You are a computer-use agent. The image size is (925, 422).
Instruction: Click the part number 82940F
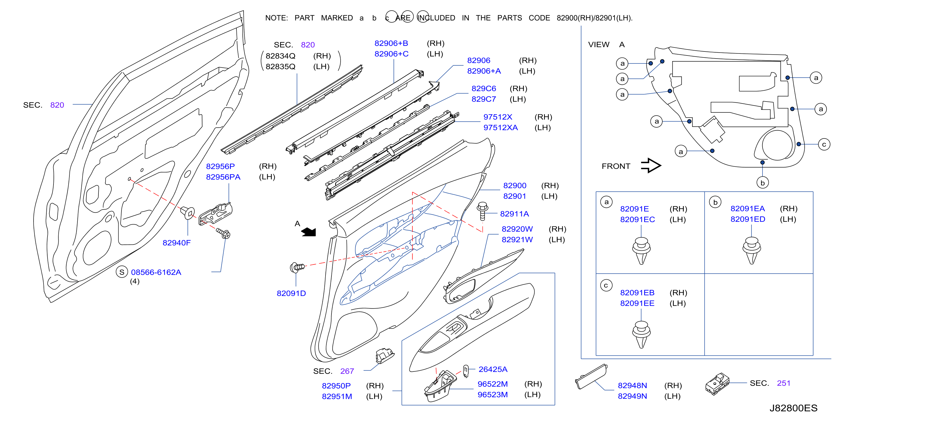(x=176, y=243)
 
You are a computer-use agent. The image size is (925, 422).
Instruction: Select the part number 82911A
(x=514, y=214)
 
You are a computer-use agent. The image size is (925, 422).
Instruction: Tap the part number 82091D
(x=291, y=293)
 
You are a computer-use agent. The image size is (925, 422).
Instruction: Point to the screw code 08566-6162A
(x=156, y=272)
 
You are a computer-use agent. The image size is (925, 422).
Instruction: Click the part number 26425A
(x=493, y=369)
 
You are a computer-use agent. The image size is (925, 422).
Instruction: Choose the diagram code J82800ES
(x=793, y=408)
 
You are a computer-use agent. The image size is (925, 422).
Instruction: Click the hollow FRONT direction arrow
(x=651, y=166)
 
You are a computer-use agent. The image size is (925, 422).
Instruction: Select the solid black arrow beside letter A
(x=308, y=232)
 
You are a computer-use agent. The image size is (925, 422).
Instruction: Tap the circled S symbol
(x=122, y=272)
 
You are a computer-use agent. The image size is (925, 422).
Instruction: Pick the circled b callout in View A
(x=762, y=183)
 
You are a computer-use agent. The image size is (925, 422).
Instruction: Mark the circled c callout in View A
(x=824, y=144)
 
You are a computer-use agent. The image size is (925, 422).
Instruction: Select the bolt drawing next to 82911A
(x=482, y=211)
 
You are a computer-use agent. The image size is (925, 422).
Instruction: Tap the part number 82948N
(x=632, y=385)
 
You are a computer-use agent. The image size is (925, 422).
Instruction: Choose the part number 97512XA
(x=500, y=127)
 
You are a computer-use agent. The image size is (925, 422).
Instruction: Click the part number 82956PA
(x=223, y=177)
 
